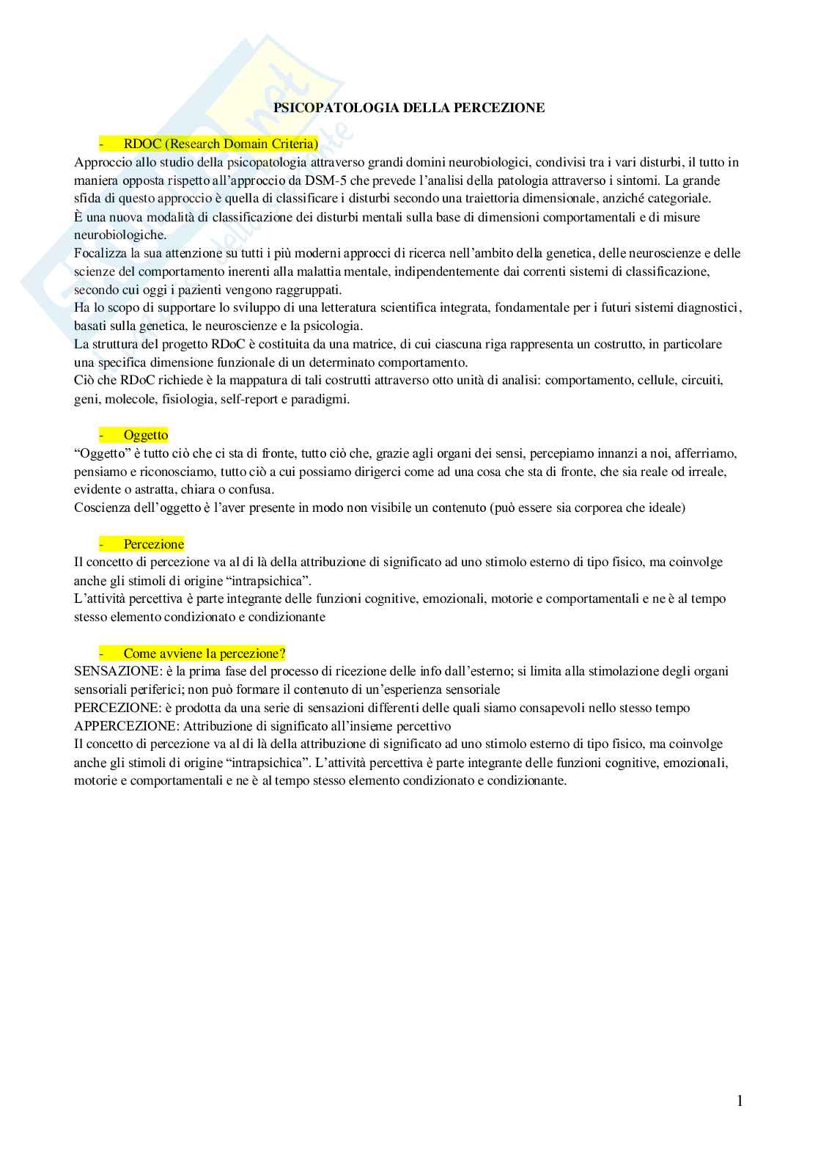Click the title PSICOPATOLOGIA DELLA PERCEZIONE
click(409, 108)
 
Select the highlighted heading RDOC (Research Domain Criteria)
click(221, 144)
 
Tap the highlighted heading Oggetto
click(146, 435)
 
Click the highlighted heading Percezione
click(154, 544)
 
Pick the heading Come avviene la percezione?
click(204, 653)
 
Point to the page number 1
click(739, 1100)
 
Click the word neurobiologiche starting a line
click(120, 235)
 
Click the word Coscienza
click(100, 507)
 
